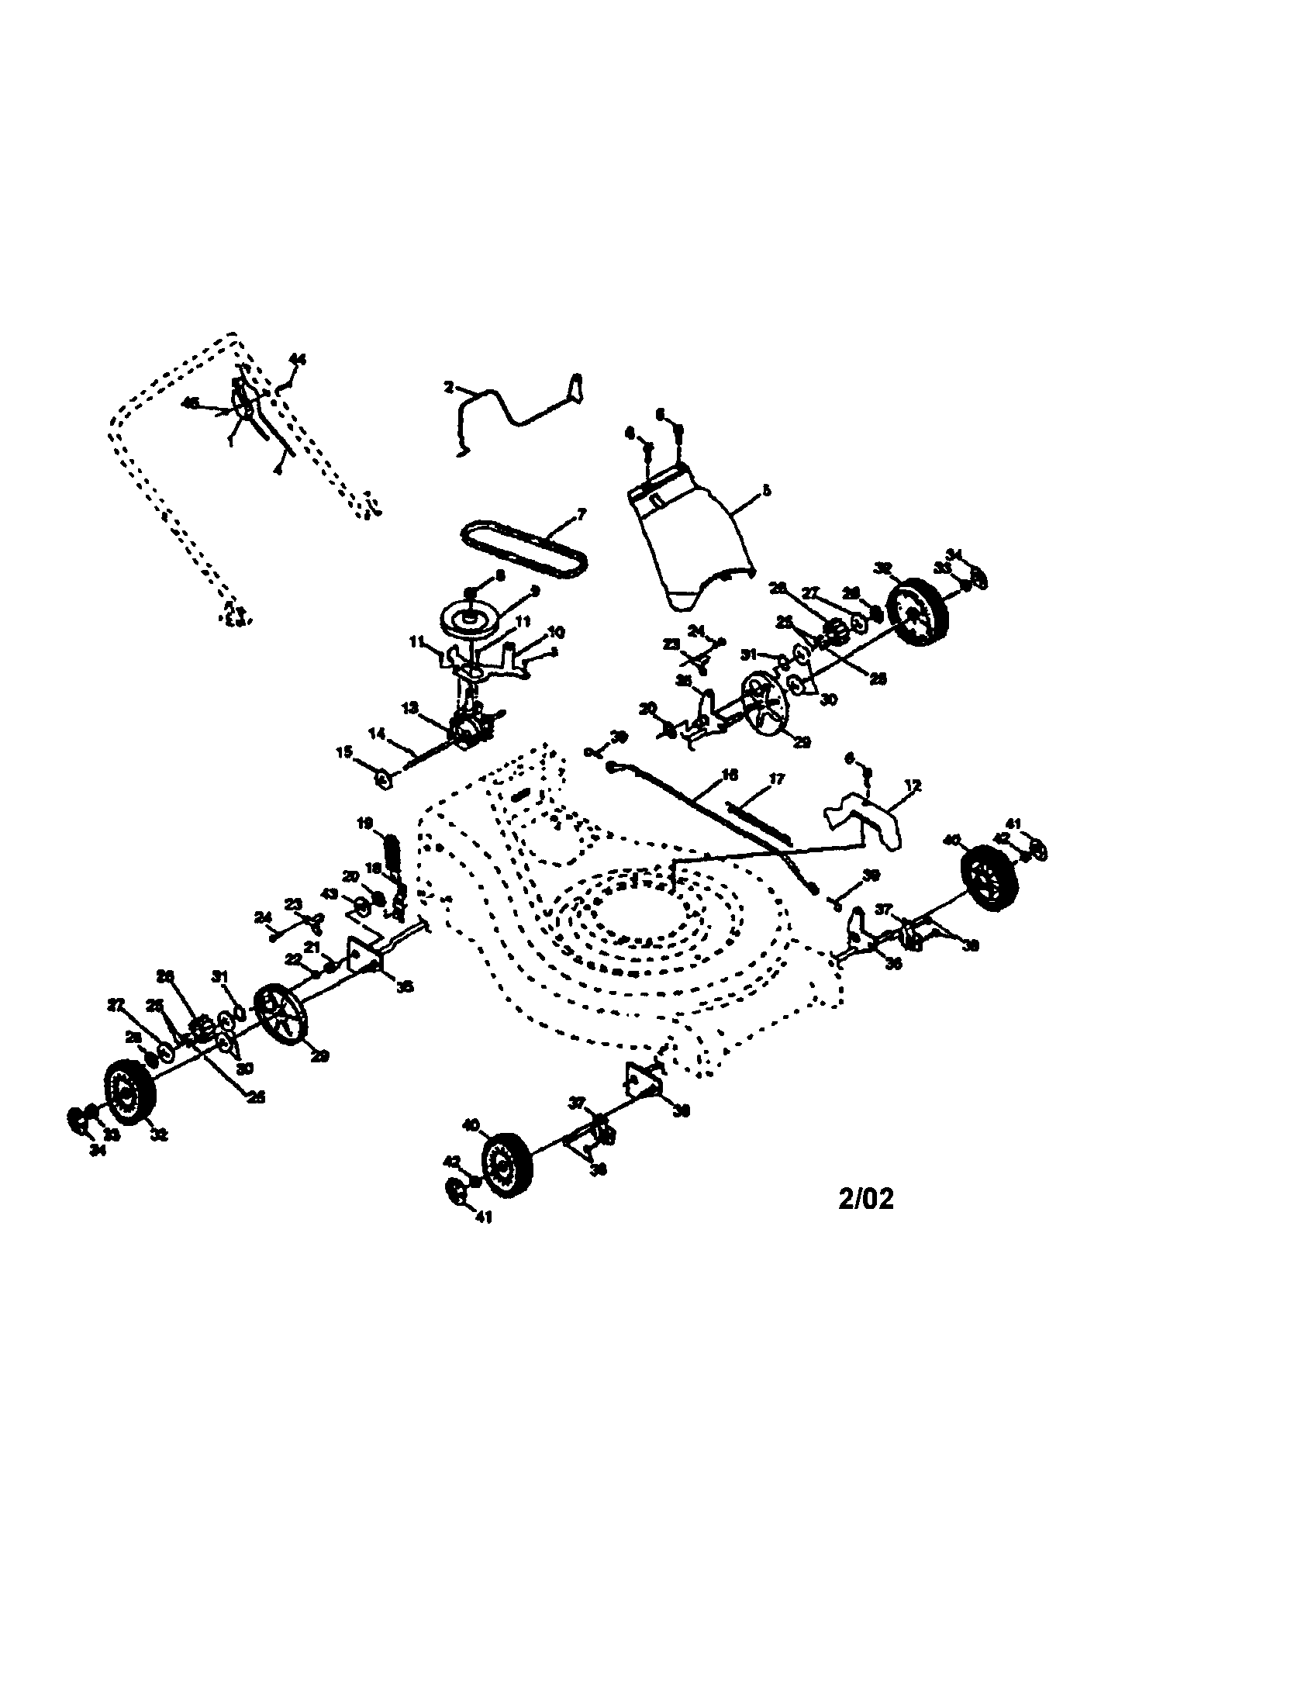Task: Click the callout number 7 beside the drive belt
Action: pos(580,513)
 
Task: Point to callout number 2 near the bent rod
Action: pos(449,386)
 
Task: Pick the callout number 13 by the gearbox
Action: pos(409,707)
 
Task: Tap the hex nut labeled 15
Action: pos(383,778)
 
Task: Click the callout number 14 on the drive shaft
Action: pos(377,734)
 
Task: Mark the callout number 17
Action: pos(776,779)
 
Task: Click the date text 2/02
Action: pos(865,1198)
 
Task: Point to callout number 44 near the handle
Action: pos(298,359)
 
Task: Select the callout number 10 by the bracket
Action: pos(556,631)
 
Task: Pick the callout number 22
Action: pos(294,958)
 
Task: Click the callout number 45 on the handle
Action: pos(190,402)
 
